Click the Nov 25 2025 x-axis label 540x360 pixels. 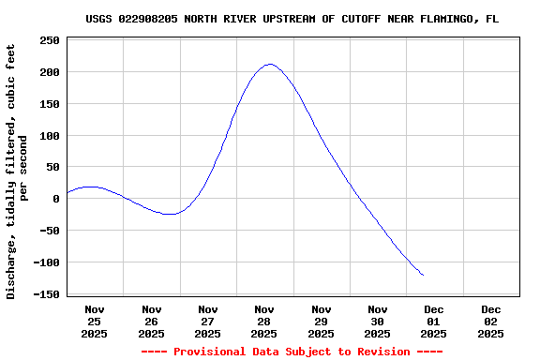(x=95, y=321)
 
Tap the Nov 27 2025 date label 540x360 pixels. (x=207, y=321)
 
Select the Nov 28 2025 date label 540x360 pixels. (x=264, y=321)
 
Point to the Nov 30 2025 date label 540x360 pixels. (x=377, y=321)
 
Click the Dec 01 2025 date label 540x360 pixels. (x=433, y=321)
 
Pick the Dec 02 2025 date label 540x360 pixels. (x=490, y=321)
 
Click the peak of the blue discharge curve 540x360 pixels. (x=269, y=65)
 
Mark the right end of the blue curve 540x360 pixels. (x=423, y=275)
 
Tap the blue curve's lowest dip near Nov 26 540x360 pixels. (x=169, y=214)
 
